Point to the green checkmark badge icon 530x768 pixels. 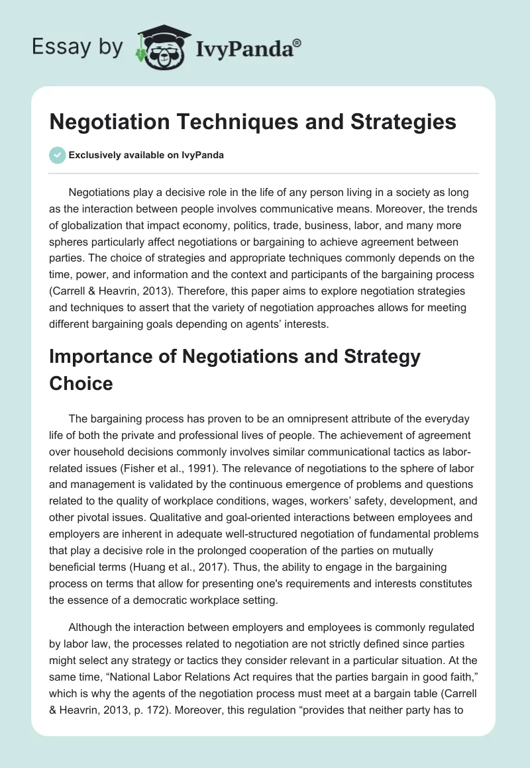58,155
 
